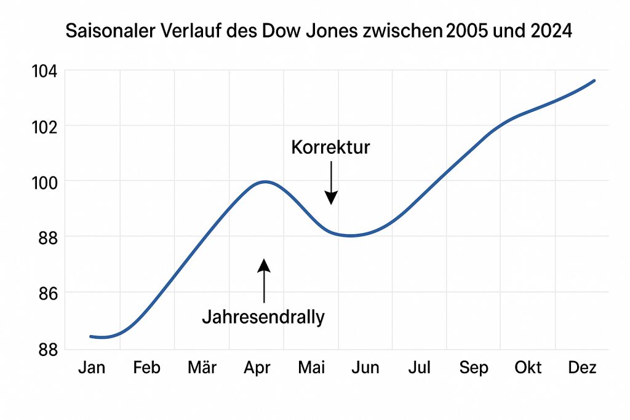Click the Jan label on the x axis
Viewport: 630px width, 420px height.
tap(92, 368)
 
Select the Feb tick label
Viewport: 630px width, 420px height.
tap(146, 368)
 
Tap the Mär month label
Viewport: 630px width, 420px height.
tap(202, 368)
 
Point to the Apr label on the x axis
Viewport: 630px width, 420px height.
tap(257, 368)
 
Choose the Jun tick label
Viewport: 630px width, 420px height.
tap(365, 368)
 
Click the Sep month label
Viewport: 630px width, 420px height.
tap(474, 368)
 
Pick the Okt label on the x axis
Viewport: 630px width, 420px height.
tap(528, 368)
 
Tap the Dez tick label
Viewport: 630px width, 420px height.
tap(582, 368)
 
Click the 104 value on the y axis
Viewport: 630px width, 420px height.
tap(44, 71)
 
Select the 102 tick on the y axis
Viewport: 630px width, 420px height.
tap(44, 126)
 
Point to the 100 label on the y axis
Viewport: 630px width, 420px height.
tap(44, 182)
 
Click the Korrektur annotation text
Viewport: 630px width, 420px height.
tap(330, 148)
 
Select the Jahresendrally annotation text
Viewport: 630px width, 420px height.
tap(263, 317)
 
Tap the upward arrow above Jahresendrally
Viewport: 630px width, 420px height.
tap(264, 280)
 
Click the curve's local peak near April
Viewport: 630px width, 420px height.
tap(265, 181)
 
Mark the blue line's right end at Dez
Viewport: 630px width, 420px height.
tap(594, 81)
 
